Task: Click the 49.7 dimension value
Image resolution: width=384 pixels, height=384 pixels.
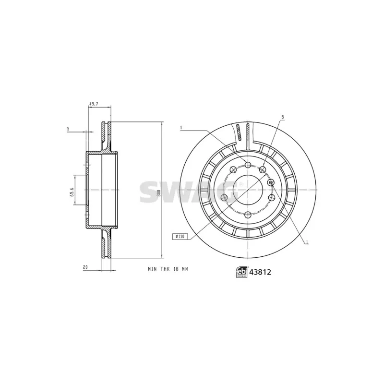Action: (93, 104)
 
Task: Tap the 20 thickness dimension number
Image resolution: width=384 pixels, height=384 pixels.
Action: (85, 267)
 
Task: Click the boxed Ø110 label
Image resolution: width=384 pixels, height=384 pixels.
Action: (180, 236)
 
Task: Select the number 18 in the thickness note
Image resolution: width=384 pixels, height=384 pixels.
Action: (175, 269)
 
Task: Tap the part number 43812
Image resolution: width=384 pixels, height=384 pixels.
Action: (260, 272)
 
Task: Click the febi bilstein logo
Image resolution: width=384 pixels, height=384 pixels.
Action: (242, 272)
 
